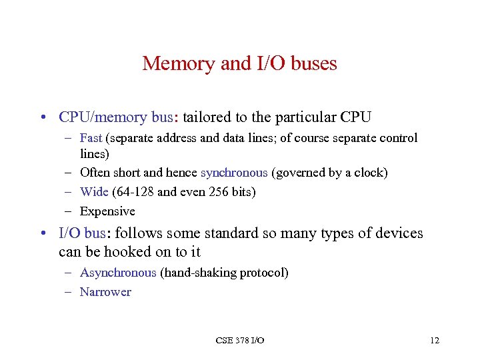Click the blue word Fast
(x=91, y=138)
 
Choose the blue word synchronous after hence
(x=234, y=173)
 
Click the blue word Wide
(x=93, y=192)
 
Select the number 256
(x=217, y=192)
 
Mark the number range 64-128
(x=135, y=192)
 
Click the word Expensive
(x=107, y=211)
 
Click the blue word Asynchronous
(x=118, y=273)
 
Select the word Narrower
(x=105, y=292)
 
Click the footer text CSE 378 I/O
(x=240, y=341)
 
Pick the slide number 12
(x=435, y=341)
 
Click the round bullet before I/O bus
(x=42, y=234)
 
